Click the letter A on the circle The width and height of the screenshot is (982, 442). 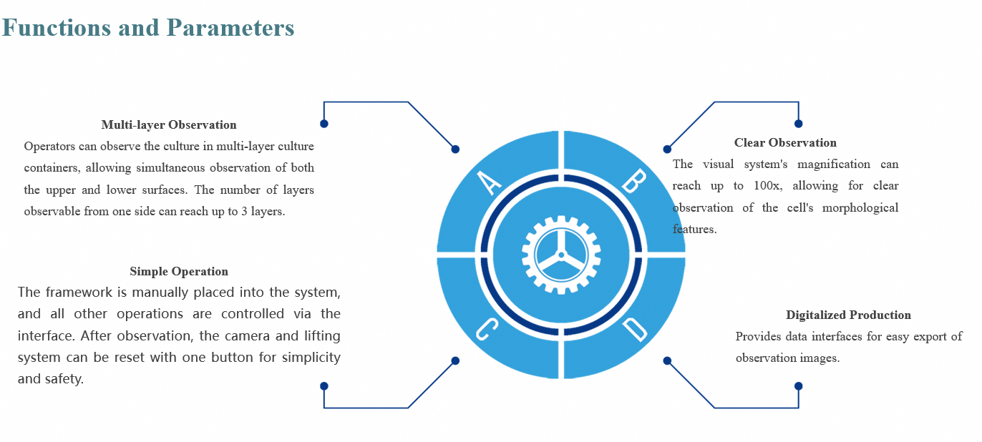pyautogui.click(x=490, y=182)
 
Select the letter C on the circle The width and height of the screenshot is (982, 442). pyautogui.click(x=487, y=329)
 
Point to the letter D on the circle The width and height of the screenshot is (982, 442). pyautogui.click(x=634, y=329)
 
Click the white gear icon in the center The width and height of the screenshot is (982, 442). pyautogui.click(x=561, y=255)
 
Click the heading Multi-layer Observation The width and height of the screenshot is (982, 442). pyautogui.click(x=169, y=125)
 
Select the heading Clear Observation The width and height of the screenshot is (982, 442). pyautogui.click(x=785, y=143)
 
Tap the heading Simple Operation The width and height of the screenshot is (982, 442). pyautogui.click(x=179, y=272)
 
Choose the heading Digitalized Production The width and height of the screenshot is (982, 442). pyautogui.click(x=848, y=315)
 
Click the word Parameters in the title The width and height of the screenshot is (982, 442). pyautogui.click(x=230, y=28)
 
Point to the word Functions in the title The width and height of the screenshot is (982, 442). pyautogui.click(x=57, y=28)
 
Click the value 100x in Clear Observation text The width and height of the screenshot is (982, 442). pyautogui.click(x=767, y=186)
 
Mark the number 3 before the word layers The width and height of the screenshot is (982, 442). pyautogui.click(x=244, y=212)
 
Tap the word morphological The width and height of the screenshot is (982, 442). pyautogui.click(x=860, y=208)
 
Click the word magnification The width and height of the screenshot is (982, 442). pyautogui.click(x=834, y=164)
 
